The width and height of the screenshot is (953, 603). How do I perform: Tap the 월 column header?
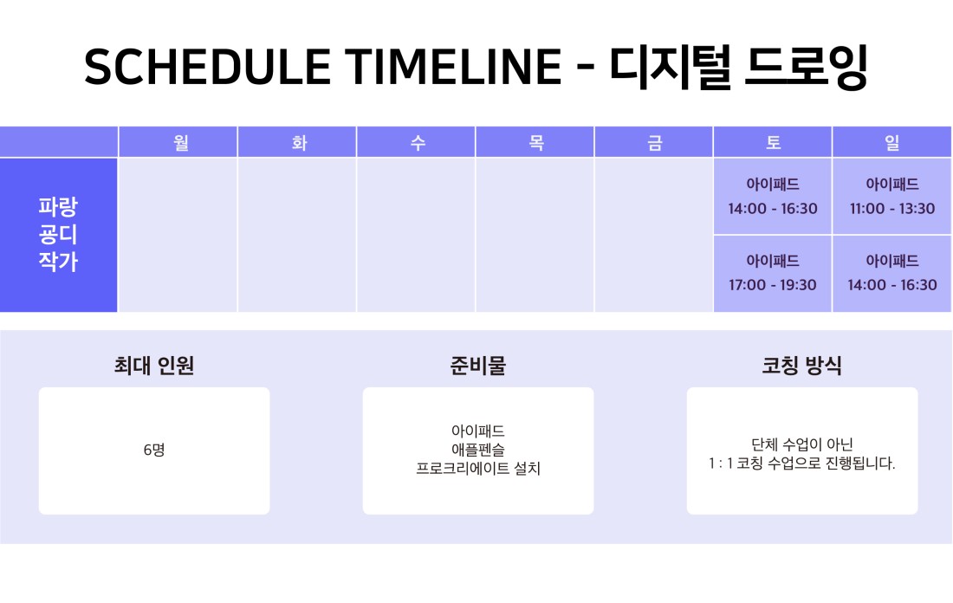[181, 143]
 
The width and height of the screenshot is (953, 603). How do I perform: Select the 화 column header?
[299, 143]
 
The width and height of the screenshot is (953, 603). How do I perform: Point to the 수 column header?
[418, 143]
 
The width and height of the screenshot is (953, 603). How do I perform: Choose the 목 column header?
[536, 143]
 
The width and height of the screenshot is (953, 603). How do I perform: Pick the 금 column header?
[655, 143]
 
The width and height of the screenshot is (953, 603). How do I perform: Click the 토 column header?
[773, 143]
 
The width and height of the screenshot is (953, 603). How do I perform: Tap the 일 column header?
[891, 143]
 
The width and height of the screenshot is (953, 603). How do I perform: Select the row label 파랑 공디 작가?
[58, 235]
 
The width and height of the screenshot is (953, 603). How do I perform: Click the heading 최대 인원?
[153, 366]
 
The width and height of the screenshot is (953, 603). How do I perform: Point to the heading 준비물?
[477, 366]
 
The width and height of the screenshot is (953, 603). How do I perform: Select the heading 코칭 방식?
[801, 366]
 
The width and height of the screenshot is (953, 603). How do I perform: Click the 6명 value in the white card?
[153, 450]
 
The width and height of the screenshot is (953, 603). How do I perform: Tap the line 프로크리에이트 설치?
[477, 468]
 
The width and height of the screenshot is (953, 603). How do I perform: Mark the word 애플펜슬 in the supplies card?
[477, 450]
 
